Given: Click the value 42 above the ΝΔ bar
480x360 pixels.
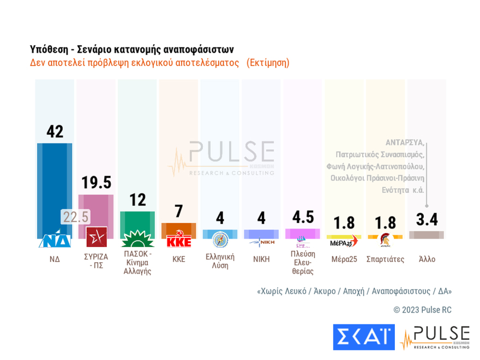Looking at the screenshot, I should pyautogui.click(x=55, y=131).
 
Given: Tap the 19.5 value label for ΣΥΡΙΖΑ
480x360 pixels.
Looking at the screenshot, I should pyautogui.click(x=96, y=183).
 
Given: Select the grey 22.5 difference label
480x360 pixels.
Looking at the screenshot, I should pyautogui.click(x=75, y=217).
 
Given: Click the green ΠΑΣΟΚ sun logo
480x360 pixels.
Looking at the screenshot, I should pyautogui.click(x=137, y=238).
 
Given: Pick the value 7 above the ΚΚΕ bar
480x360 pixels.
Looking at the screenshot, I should pyautogui.click(x=179, y=212).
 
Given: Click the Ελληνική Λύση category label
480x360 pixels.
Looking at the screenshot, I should pyautogui.click(x=220, y=261).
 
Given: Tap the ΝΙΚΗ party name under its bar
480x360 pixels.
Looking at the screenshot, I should pyautogui.click(x=261, y=259).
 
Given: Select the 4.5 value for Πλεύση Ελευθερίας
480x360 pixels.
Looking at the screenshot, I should pyautogui.click(x=303, y=217).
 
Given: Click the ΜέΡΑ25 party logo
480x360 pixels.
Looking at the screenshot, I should pyautogui.click(x=344, y=241).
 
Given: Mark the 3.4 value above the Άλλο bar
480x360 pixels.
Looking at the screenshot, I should pyautogui.click(x=427, y=219).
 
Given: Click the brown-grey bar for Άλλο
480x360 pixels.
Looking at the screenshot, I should pyautogui.click(x=427, y=235).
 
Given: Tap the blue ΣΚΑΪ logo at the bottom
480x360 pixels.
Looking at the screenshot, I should pyautogui.click(x=363, y=337).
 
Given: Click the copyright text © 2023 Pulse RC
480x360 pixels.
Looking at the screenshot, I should pyautogui.click(x=422, y=310).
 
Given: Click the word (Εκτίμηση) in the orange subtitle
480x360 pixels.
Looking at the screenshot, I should pyautogui.click(x=268, y=63).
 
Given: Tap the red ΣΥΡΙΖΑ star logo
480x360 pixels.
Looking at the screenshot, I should pyautogui.click(x=97, y=237).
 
